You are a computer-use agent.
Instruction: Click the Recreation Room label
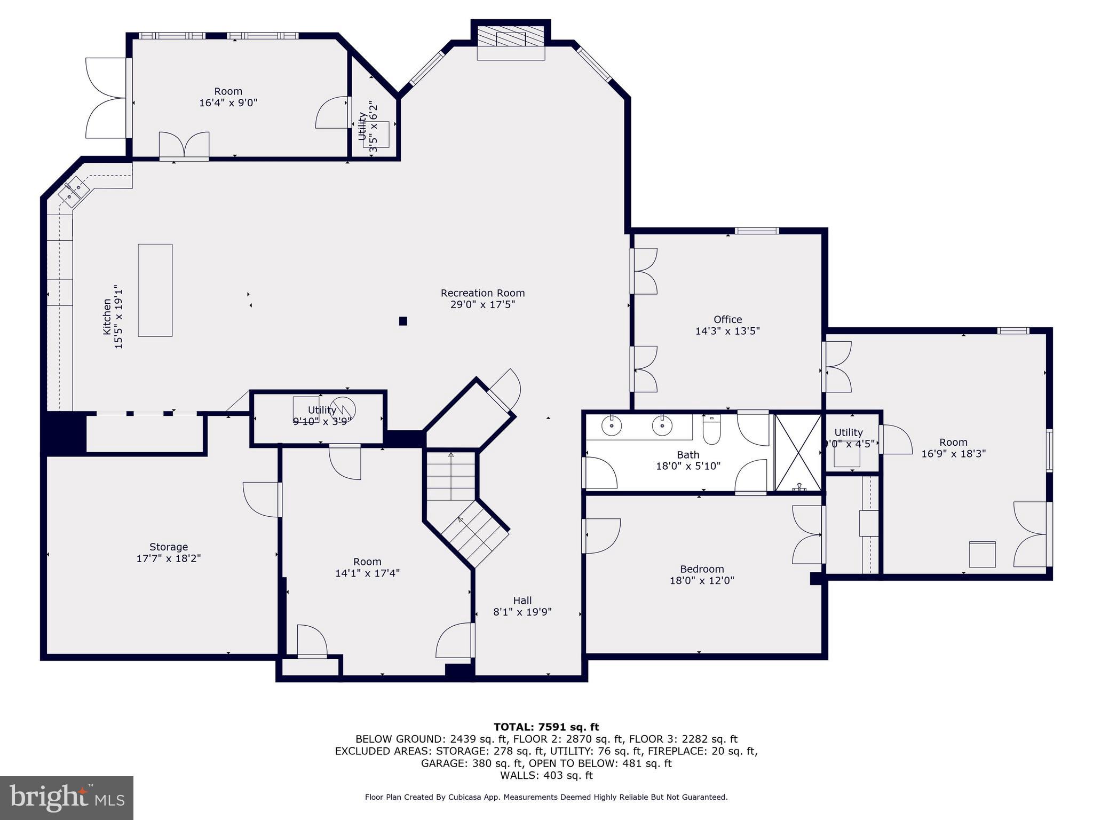482,293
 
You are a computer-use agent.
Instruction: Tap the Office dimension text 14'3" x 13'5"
727,331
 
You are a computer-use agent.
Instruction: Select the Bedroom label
702,569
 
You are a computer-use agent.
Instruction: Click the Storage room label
169,547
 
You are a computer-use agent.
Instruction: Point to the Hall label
522,600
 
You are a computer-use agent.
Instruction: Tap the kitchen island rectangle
155,290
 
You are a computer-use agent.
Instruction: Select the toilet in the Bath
711,430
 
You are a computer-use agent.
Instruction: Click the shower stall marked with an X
798,452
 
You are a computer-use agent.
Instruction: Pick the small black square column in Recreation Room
403,321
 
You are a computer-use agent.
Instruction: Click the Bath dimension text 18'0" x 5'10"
688,466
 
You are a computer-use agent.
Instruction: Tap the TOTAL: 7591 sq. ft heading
546,727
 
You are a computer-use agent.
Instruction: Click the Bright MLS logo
66,798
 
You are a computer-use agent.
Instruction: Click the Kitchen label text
107,317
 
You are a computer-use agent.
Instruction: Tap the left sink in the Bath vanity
610,425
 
